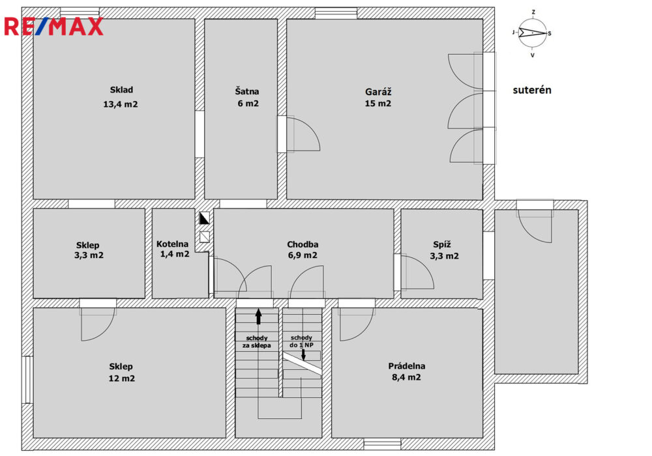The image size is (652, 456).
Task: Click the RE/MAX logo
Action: point(53,27)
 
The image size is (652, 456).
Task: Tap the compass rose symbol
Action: point(532,33)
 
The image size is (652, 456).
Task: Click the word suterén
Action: point(532,90)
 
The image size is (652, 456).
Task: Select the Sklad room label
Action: point(121,90)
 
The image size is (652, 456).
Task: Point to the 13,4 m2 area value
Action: point(121,104)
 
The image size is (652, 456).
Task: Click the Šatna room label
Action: point(247,91)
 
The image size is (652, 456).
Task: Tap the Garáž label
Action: point(378,91)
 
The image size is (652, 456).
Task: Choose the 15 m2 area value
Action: point(378,104)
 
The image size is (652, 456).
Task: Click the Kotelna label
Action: point(172,244)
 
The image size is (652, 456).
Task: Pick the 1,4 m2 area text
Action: point(175,254)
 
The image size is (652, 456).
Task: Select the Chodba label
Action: point(303,245)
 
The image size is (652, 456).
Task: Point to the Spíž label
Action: point(441,245)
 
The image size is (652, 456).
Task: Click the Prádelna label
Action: point(407,366)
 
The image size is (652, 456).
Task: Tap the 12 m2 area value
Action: point(121,378)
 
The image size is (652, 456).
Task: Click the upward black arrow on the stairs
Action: point(259,317)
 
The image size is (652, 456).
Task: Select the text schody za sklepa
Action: point(256,342)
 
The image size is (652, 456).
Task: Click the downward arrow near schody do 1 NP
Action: point(303,354)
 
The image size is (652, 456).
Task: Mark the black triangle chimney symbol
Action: point(204,218)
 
